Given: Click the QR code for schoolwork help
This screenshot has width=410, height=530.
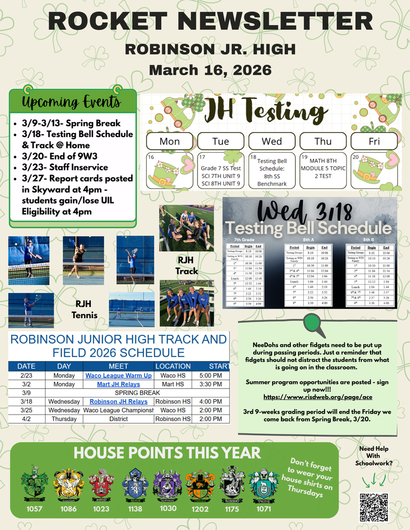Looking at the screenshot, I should pos(374,507).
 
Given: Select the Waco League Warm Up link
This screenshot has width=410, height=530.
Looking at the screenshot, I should pos(119,375).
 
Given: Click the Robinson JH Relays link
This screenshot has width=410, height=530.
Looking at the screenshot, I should pos(119,402).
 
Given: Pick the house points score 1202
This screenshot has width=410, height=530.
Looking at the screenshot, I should pos(200,508).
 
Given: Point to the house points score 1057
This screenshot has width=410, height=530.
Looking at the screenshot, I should pos(34,508).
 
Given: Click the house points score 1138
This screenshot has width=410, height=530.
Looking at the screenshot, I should pos(135,508).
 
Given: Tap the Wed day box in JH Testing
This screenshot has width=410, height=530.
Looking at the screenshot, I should pos(272,141).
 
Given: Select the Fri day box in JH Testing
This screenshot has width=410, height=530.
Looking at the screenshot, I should pos(374,141).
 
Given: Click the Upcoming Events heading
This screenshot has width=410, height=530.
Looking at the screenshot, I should pos(71,101).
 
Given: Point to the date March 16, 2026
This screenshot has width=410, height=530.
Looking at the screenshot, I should pos(210,69).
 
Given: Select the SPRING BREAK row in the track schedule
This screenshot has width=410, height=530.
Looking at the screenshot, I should pos(119,393).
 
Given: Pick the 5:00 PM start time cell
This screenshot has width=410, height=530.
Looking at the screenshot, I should pos(210,375).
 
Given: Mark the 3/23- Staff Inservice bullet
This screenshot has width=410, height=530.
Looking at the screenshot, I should pos(64,167).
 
